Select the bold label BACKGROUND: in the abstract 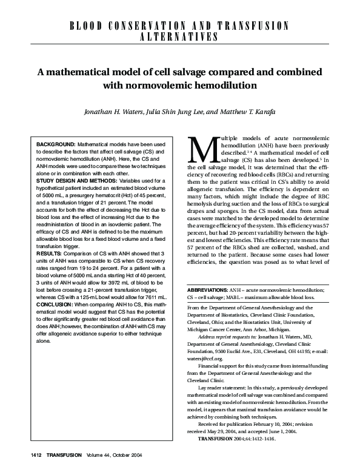(56, 144)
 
